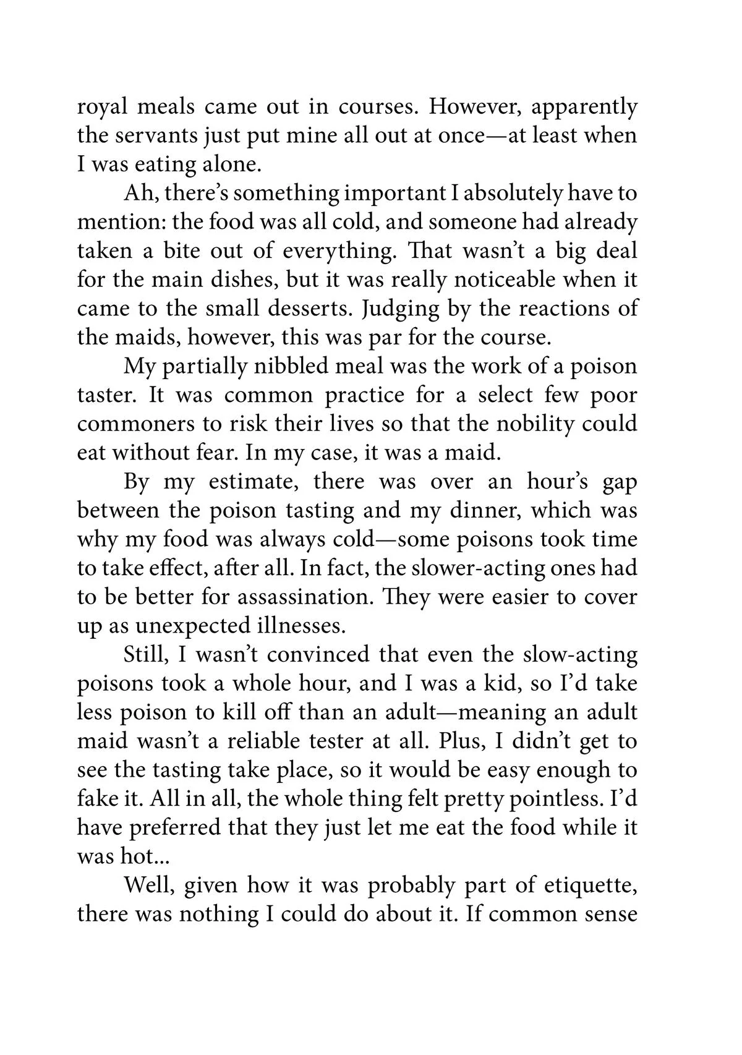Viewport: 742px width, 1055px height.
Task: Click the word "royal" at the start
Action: pos(102,108)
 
